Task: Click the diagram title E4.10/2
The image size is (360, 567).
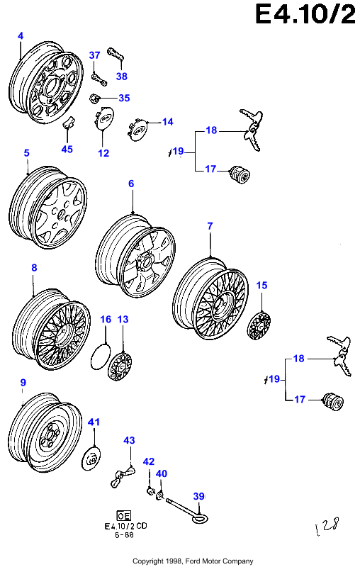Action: pos(305,14)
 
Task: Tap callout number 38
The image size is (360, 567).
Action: pos(122,77)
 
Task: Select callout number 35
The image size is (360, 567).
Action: pos(124,98)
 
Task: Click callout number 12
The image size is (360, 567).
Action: pos(103,153)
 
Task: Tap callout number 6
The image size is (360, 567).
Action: pos(131,184)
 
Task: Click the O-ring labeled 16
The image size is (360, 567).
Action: pos(100,357)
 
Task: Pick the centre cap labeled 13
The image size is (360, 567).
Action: pos(120,366)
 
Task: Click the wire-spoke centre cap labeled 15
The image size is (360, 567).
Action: pos(259,325)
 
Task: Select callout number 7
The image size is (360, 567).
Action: pos(210,226)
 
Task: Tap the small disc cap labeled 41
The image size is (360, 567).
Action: pos(91,459)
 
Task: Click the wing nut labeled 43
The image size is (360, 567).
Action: pos(123,476)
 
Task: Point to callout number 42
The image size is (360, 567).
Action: pos(149,462)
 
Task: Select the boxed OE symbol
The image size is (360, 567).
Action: pos(124,515)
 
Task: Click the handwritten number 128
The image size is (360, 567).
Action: pos(327,526)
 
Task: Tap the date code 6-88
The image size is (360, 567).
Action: pos(124,535)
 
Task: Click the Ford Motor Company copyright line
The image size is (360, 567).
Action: pos(193,561)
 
